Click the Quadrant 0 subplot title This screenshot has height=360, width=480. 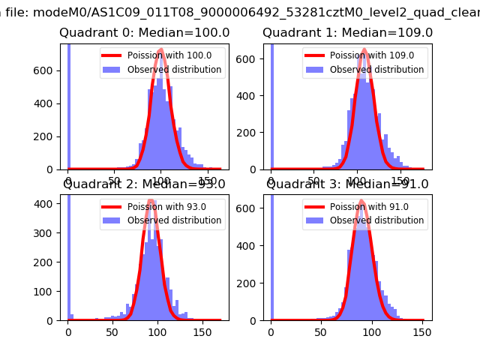tap(144, 33)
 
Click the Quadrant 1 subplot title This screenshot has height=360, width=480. tap(347, 33)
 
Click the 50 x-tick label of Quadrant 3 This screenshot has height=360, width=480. tap(322, 331)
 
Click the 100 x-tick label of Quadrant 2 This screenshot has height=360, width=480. tap(157, 331)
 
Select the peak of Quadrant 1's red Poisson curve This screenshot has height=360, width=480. tap(364, 50)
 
